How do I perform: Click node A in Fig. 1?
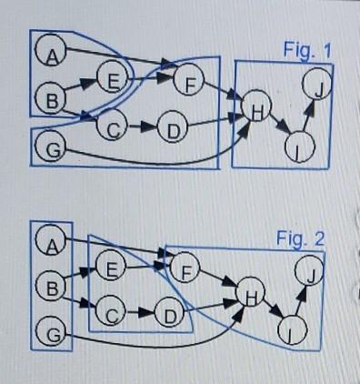tap(52, 56)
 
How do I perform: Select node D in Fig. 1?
tap(171, 128)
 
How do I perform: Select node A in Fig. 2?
tap(52, 243)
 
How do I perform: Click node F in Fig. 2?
tap(186, 270)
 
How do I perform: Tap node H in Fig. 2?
tap(249, 297)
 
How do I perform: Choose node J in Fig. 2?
tap(312, 273)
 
